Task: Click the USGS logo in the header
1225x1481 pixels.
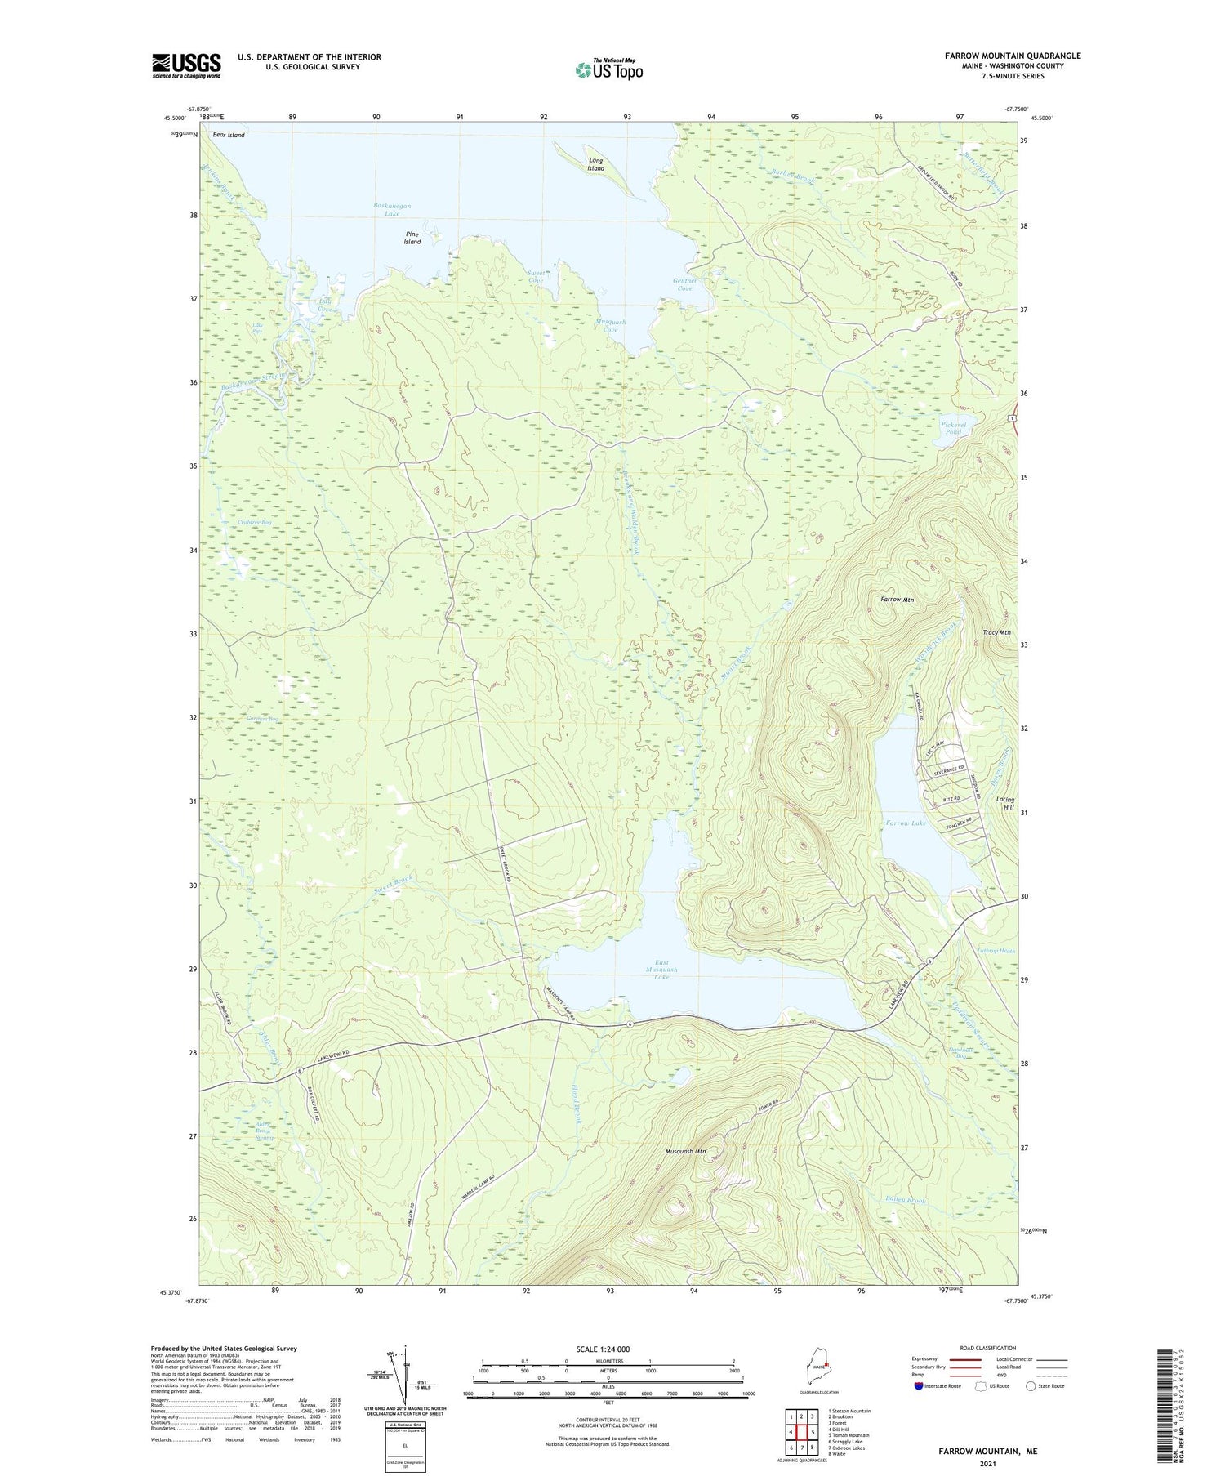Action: (186, 65)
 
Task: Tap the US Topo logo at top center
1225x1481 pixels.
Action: (609, 69)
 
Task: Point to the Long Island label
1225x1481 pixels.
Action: (596, 164)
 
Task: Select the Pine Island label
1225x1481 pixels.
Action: (412, 238)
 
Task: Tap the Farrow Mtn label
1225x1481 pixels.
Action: (897, 600)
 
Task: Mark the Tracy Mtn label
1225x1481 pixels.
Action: (996, 632)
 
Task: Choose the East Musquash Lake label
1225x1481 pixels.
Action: (661, 970)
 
